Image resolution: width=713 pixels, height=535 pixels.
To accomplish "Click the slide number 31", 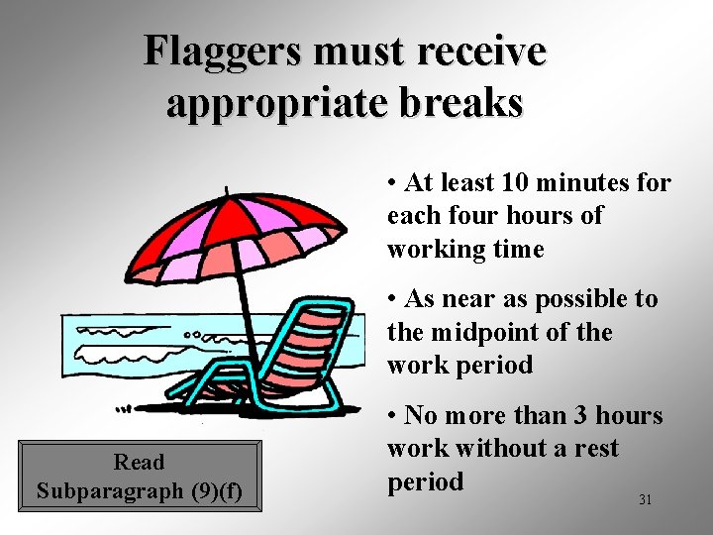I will point(645,500).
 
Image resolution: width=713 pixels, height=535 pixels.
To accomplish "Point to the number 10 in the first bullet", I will point(516,183).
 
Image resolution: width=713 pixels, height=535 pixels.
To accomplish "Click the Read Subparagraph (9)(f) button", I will point(140,477).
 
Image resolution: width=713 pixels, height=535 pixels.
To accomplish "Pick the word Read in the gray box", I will point(140,462).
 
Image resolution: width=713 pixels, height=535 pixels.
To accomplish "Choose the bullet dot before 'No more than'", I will point(394,416).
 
